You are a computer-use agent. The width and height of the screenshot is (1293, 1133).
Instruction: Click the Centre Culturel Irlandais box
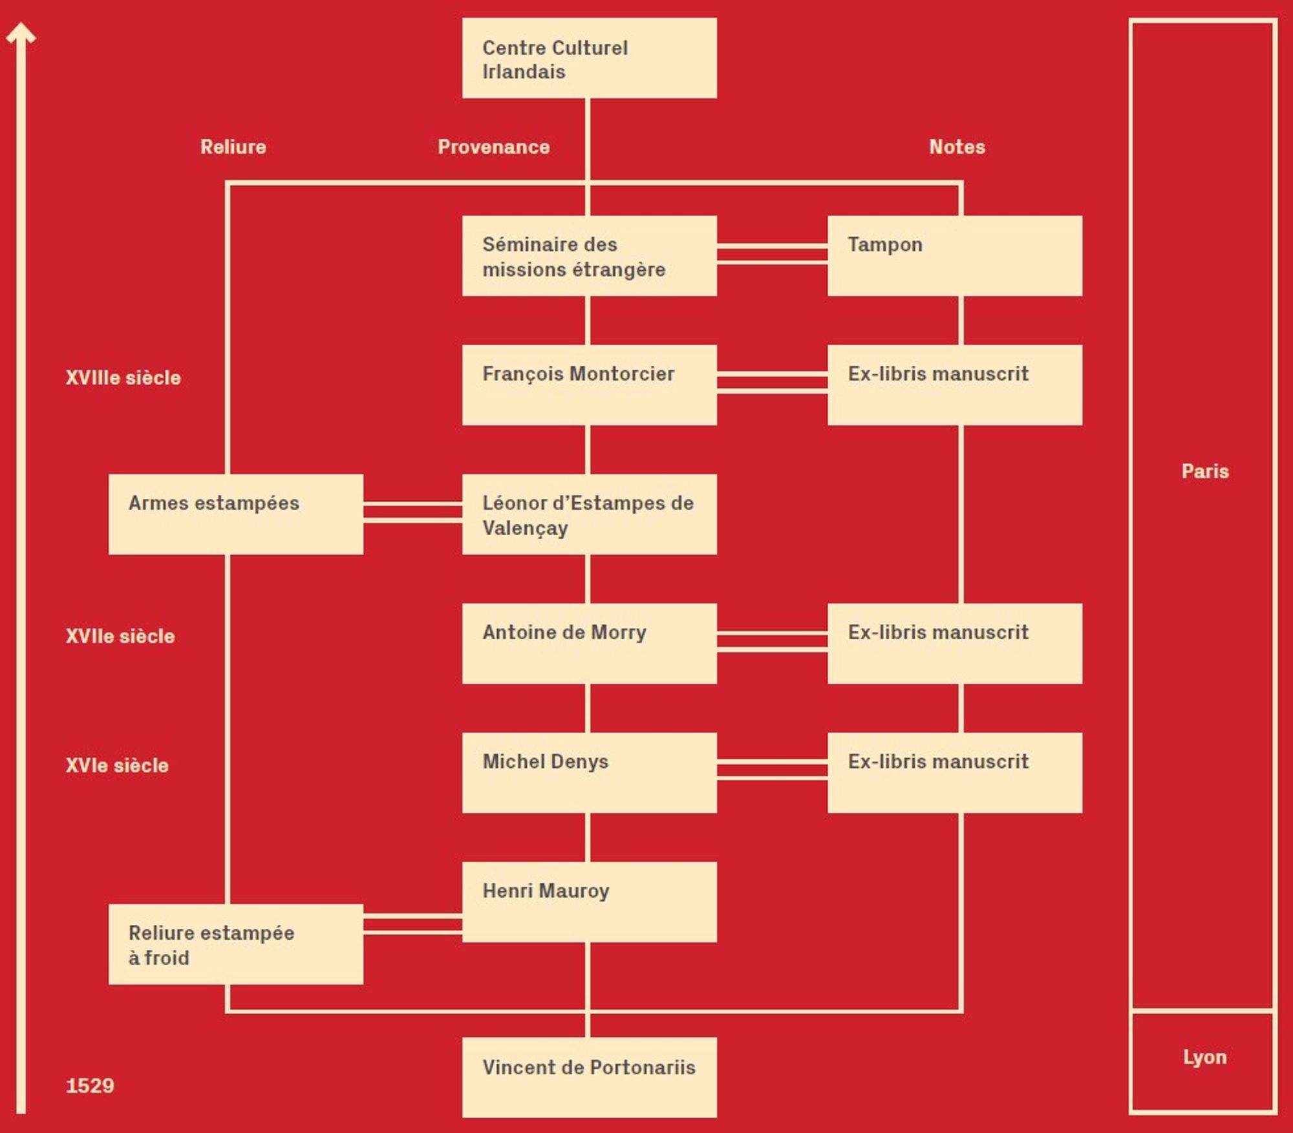[589, 58]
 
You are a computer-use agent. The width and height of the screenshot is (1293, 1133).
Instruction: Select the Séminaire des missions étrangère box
[589, 256]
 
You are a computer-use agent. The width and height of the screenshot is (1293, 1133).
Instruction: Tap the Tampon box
[954, 256]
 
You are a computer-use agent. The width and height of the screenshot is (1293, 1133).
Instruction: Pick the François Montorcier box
[589, 385]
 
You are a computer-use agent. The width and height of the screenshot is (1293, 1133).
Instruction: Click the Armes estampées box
[235, 514]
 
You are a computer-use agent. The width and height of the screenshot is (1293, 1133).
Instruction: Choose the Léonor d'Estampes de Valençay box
[589, 514]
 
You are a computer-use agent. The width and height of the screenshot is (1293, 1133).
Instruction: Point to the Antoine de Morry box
[589, 644]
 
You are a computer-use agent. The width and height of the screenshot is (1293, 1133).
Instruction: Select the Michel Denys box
[589, 773]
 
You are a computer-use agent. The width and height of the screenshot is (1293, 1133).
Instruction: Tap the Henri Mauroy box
[589, 902]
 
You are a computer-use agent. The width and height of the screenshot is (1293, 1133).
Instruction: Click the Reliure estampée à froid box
[235, 944]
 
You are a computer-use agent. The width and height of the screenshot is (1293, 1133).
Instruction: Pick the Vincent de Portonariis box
[589, 1077]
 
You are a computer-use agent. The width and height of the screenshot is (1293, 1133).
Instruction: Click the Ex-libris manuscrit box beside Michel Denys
[954, 773]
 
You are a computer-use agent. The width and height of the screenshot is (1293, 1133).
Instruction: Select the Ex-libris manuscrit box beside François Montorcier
[954, 385]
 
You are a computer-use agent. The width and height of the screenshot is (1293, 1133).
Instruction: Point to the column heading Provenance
[493, 147]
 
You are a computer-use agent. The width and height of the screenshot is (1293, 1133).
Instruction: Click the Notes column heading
[957, 147]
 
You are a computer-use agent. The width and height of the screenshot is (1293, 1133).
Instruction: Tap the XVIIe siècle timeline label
[120, 636]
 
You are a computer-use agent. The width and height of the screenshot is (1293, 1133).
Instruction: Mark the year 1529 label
[90, 1085]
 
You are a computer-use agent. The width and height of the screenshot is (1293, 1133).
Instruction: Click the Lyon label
[1204, 1057]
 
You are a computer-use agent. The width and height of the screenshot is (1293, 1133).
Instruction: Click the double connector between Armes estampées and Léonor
[412, 512]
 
